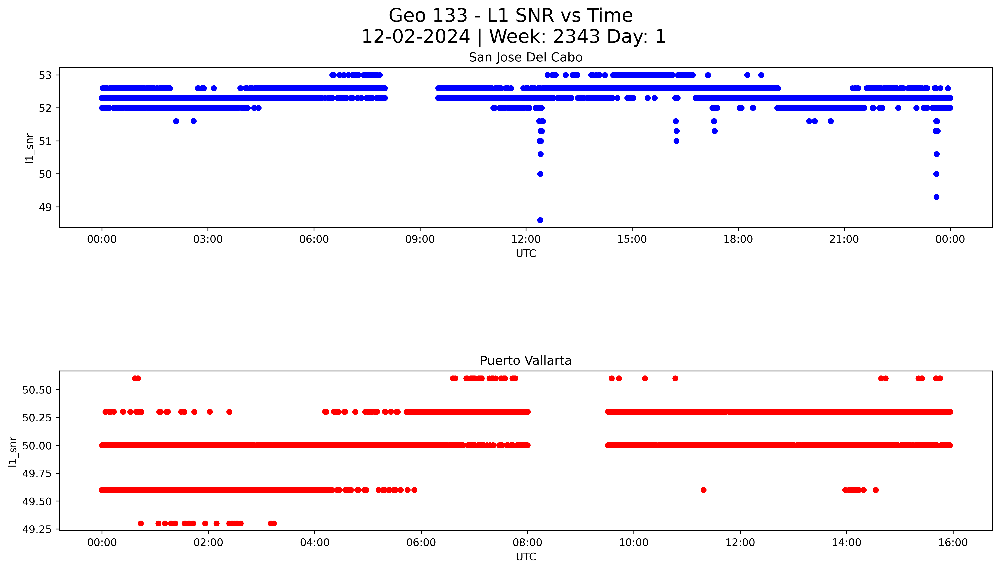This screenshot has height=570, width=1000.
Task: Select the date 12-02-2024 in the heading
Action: coord(415,37)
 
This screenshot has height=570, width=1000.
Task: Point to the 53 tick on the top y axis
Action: coord(45,75)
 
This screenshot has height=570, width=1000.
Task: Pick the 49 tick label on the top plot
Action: coord(45,207)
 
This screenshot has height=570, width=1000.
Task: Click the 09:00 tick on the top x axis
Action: coord(420,239)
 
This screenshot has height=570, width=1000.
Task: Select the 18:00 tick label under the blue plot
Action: coord(738,239)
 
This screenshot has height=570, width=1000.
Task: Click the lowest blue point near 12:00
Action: coord(540,220)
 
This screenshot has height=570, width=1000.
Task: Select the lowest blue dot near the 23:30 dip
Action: coord(936,197)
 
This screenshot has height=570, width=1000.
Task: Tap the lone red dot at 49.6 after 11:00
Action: coord(703,490)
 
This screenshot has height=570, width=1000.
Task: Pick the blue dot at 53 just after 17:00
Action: coord(708,75)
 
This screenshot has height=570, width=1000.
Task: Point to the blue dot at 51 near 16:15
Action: coord(676,141)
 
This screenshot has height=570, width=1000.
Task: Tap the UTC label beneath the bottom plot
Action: coord(525,557)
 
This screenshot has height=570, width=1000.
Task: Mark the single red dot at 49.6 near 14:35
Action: coord(876,490)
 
